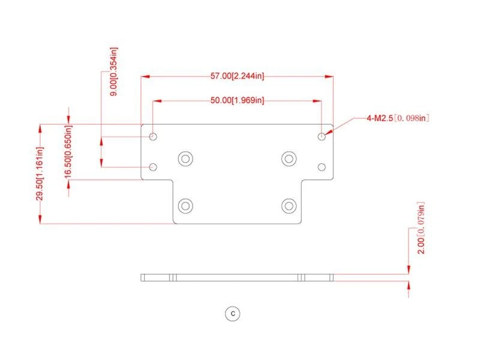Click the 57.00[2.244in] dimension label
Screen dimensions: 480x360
click(237, 76)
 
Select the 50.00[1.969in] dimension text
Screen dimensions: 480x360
click(237, 100)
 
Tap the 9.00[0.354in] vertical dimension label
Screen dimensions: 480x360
click(113, 71)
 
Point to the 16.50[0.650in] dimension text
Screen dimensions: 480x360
click(68, 151)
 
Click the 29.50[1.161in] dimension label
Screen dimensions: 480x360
click(40, 173)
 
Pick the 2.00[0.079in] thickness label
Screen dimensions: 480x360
click(421, 228)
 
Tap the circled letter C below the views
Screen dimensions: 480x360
click(233, 313)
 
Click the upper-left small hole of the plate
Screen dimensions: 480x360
click(153, 136)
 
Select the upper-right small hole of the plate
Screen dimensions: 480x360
click(322, 136)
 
